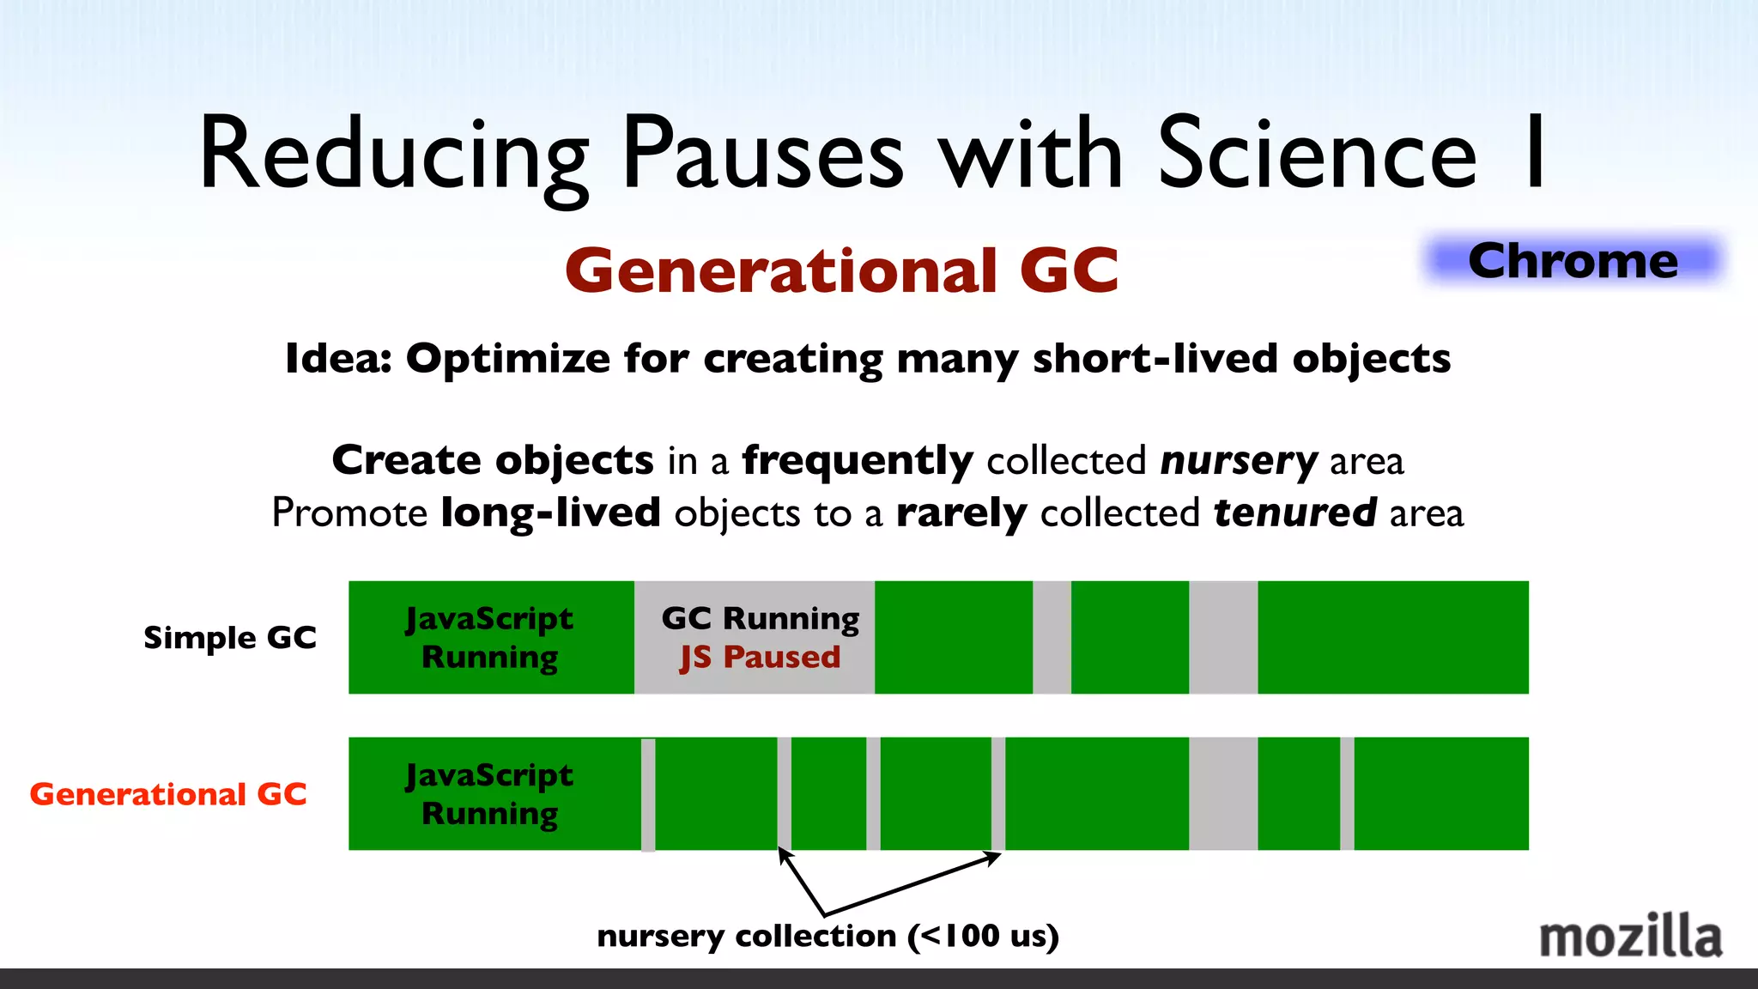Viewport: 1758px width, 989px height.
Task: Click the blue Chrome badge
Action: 1573,260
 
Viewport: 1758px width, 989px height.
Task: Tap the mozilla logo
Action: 1630,937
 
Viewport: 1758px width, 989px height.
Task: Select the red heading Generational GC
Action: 842,270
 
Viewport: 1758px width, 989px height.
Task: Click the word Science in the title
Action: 1317,155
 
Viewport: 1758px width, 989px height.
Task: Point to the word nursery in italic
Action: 1238,461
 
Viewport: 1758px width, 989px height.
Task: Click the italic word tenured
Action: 1294,513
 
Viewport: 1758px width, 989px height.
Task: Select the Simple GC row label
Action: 229,638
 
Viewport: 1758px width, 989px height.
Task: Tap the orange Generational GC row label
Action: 168,794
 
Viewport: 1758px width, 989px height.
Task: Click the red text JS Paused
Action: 760,658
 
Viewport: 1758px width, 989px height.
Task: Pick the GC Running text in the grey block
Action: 760,618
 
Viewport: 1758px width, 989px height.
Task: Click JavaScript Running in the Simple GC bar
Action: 489,637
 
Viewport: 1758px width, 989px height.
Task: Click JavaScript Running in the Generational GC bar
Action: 489,794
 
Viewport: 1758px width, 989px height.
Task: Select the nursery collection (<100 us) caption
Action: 827,936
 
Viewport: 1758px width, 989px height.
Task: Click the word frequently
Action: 857,461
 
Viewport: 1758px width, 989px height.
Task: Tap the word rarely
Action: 961,513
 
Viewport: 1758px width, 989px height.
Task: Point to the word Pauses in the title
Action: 763,155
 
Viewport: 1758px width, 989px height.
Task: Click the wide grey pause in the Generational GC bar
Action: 1222,793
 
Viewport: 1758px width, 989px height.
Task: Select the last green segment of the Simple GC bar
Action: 1392,637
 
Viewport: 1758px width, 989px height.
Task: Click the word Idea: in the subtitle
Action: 338,359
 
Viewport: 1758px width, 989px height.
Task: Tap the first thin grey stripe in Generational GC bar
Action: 648,793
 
